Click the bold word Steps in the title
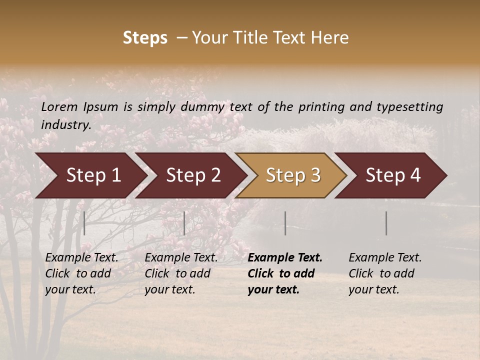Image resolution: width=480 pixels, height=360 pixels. point(145,38)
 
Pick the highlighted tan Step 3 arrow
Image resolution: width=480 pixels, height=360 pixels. point(293,175)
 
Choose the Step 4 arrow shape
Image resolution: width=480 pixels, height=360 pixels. point(393,175)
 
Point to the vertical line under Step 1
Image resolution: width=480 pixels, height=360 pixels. point(84,223)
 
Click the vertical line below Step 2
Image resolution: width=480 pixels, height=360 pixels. point(184,223)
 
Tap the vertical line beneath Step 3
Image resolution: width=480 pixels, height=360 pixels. point(285,223)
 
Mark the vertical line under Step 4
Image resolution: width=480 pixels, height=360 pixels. point(386,223)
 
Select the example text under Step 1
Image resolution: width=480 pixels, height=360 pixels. point(81,273)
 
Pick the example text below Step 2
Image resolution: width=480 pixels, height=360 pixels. point(181,273)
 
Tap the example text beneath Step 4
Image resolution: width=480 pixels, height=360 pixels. point(385,273)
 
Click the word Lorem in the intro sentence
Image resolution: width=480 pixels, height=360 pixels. point(59,107)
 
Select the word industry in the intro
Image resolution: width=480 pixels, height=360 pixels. point(65,125)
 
